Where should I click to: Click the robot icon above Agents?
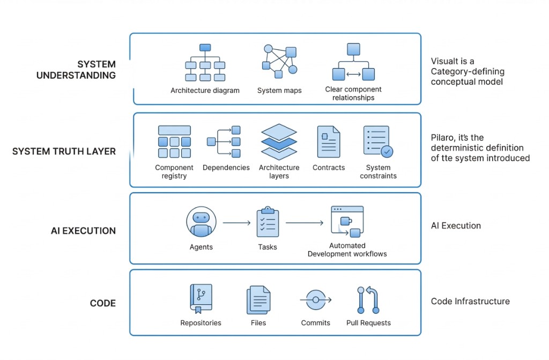(201, 223)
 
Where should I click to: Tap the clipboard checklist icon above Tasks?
(268, 222)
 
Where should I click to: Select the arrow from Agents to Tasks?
(236, 222)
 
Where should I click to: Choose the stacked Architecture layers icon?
(279, 142)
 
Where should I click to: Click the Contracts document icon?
(329, 141)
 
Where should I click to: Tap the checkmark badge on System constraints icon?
(386, 152)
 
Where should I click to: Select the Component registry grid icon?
(174, 142)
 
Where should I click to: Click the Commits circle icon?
(316, 299)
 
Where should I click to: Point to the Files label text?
(258, 323)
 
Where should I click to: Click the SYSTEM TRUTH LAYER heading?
(64, 151)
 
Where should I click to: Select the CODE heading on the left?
(102, 304)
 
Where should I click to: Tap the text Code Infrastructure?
(470, 301)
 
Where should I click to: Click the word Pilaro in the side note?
(442, 137)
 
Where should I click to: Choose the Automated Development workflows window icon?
(347, 221)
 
